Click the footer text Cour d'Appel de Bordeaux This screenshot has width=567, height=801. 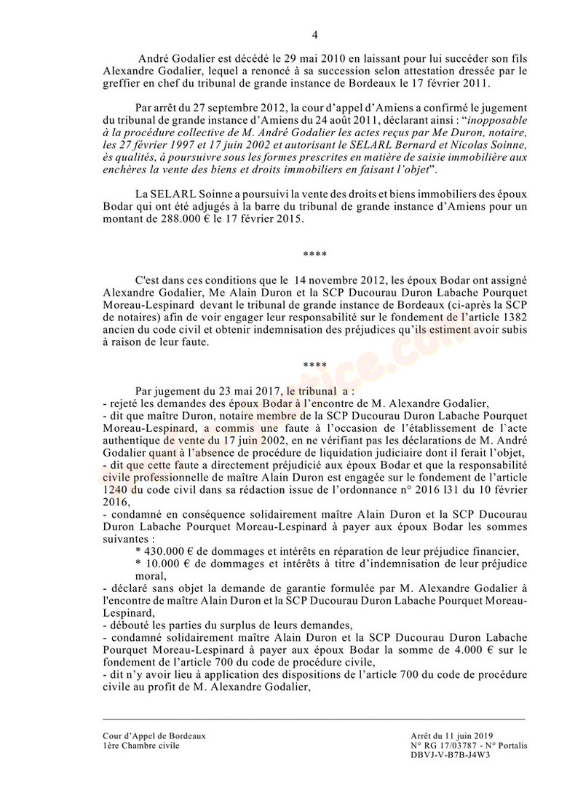pyautogui.click(x=154, y=736)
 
